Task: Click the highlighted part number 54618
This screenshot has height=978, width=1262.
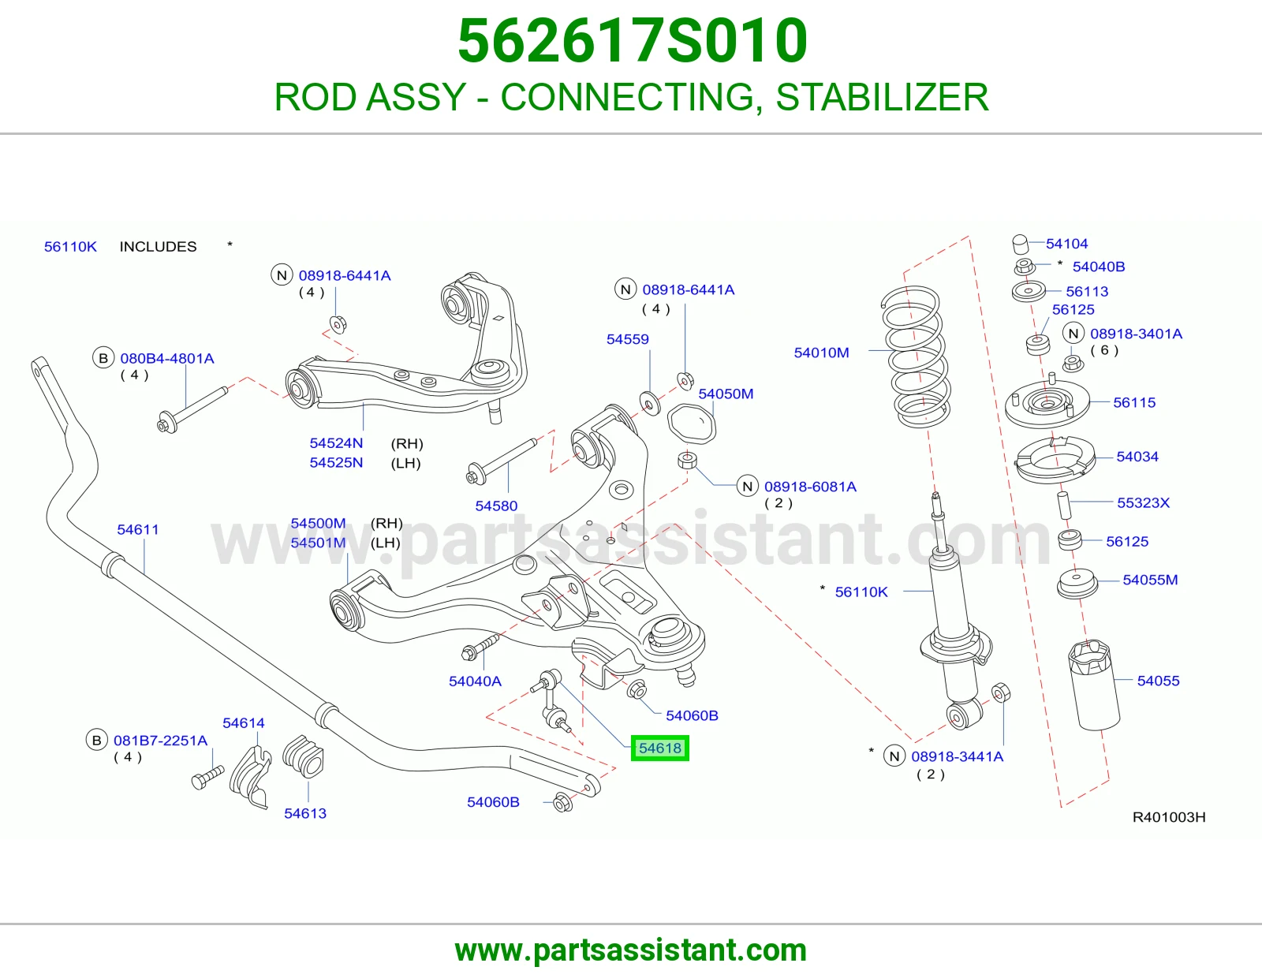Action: tap(659, 748)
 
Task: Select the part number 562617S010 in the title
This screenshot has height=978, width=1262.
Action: tap(633, 40)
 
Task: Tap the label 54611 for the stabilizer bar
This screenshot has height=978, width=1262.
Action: tap(138, 530)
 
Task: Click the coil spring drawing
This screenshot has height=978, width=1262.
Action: tap(916, 356)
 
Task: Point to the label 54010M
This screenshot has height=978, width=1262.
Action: tap(821, 353)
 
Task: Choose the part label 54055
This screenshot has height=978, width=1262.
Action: tap(1158, 681)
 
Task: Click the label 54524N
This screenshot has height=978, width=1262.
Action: tap(336, 443)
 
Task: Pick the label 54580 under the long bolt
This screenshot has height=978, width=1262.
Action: tap(496, 506)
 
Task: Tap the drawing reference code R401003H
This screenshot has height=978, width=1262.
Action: tap(1168, 817)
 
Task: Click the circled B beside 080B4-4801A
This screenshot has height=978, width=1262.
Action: tap(103, 358)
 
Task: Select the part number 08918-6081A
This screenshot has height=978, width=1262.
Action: tap(810, 487)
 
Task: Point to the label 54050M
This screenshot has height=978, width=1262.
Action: tap(726, 394)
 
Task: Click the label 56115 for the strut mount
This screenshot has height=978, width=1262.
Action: tap(1134, 402)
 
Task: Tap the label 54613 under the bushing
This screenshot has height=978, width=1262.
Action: tap(305, 813)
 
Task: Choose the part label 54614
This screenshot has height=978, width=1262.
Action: tap(244, 723)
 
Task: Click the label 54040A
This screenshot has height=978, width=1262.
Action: tap(475, 681)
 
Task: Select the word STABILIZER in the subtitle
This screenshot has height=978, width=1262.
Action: tap(882, 97)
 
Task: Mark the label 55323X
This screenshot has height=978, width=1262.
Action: tap(1143, 502)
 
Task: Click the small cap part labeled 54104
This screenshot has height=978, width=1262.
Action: tap(1020, 244)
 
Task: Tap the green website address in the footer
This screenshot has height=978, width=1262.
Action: tap(631, 950)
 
